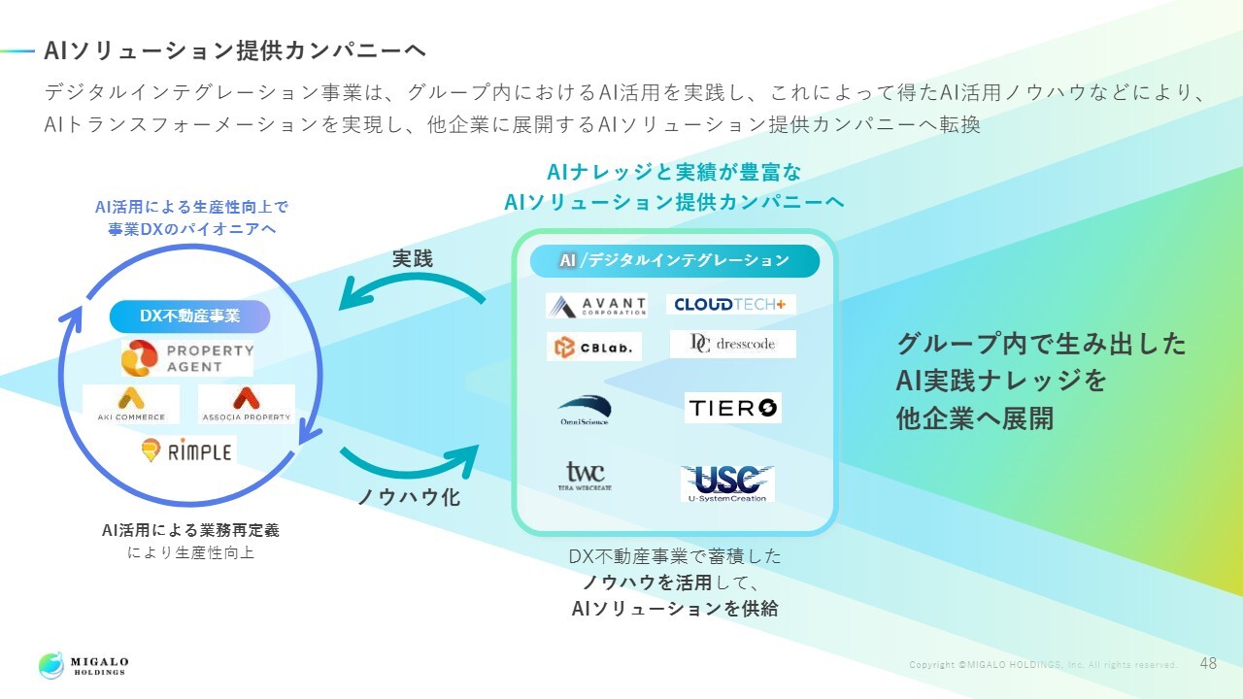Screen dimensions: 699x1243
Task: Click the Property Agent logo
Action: [x=187, y=358]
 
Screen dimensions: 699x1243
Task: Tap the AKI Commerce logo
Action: [x=131, y=404]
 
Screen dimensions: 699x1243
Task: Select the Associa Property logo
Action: [x=247, y=404]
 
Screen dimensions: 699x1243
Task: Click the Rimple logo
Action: [x=186, y=450]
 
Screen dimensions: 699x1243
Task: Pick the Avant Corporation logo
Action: [x=596, y=306]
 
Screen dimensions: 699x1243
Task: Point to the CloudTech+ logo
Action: [x=731, y=304]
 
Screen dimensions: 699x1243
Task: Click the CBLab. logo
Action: [x=593, y=347]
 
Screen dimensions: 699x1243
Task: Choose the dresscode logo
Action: [x=732, y=344]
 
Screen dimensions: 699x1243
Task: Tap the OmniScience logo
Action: [x=584, y=410]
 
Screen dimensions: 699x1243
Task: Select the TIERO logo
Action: [x=732, y=409]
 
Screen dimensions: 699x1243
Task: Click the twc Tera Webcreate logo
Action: [x=585, y=476]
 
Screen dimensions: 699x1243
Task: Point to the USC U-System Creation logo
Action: [x=727, y=483]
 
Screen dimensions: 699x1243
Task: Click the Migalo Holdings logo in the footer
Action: [x=84, y=666]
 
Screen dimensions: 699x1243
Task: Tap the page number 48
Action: [x=1208, y=664]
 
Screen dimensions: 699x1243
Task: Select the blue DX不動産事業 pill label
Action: [x=189, y=316]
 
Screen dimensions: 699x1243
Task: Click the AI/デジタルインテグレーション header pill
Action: [x=675, y=260]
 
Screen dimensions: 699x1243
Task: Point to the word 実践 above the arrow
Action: [x=413, y=259]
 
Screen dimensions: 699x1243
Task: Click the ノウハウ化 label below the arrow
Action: [x=409, y=497]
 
